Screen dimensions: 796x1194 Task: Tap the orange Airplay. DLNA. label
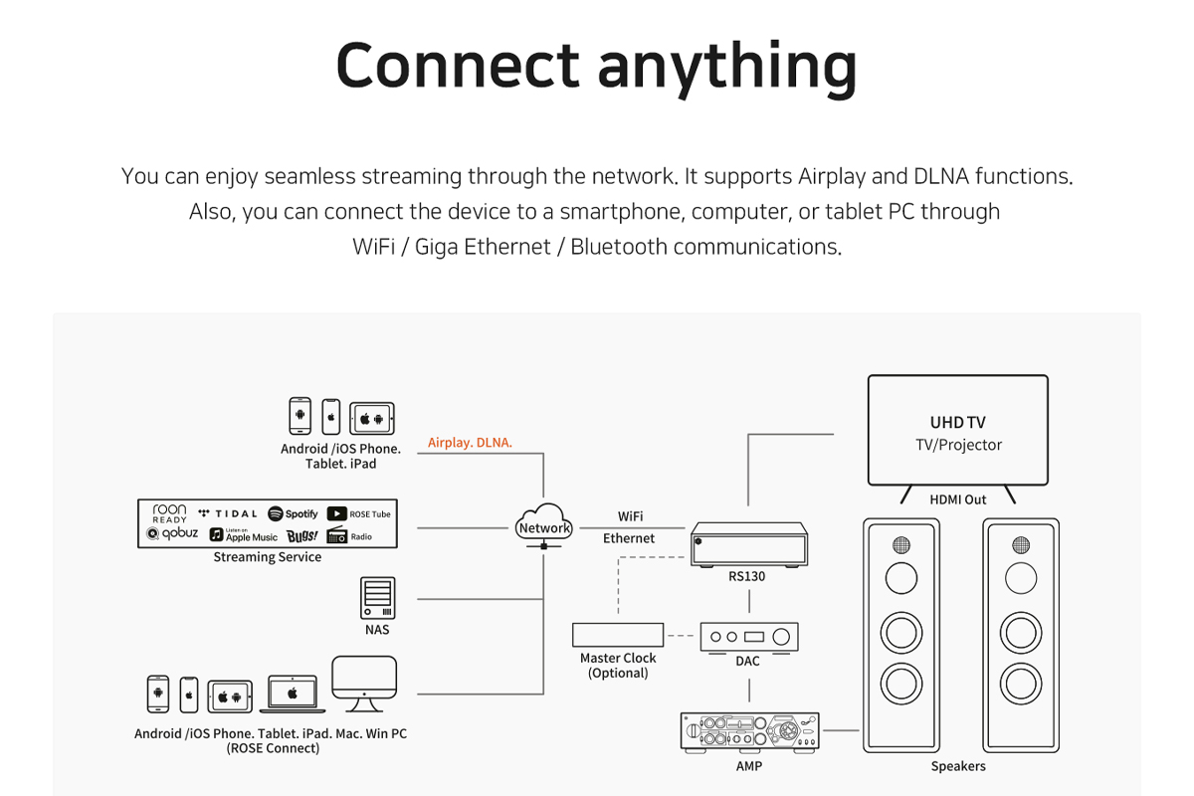[x=470, y=443]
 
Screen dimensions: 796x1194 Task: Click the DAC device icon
[x=748, y=637]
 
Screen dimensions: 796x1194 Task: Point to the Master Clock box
[x=618, y=635]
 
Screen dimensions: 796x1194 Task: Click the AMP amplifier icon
[x=749, y=731]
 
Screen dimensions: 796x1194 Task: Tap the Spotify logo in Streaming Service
[x=294, y=513]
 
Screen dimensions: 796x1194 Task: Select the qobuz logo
[x=173, y=534]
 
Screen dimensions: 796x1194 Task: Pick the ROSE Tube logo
[x=359, y=513]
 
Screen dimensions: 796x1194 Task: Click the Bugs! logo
[x=302, y=535]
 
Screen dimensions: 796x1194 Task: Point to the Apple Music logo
[x=244, y=535]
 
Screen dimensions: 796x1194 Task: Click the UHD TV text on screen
[x=958, y=423]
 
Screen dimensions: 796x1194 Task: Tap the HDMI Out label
[x=958, y=499]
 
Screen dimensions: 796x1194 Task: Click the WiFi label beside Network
[x=630, y=516]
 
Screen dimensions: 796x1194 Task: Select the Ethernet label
[x=629, y=538]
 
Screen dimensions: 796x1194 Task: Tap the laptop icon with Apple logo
[x=293, y=693]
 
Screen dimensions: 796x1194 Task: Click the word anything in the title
[x=727, y=66]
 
